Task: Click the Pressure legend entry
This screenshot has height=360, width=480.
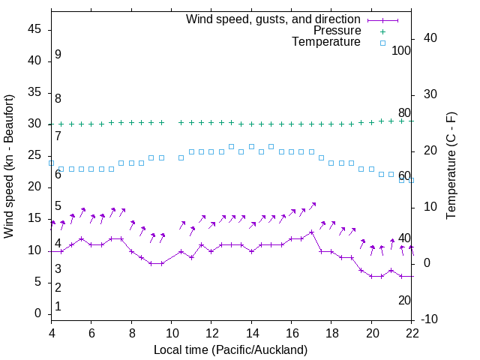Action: pos(337,31)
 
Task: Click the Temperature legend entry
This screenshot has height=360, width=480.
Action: pos(326,43)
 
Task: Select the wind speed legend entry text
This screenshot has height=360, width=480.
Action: pos(273,19)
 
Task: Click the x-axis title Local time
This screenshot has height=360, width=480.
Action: pos(230,349)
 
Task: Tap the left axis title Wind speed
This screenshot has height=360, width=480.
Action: pos(9,166)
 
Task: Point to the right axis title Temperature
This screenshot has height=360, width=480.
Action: pos(451,166)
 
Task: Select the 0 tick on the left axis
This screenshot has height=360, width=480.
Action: pos(37,314)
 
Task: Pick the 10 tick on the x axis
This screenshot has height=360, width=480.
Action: pos(171,332)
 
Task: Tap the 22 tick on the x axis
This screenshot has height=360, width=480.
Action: pos(412,332)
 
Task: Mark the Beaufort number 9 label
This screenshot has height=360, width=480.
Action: pos(58,55)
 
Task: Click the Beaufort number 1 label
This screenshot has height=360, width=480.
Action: pos(58,306)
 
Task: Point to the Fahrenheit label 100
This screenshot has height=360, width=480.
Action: pos(401,50)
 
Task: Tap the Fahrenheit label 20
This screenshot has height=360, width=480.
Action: pos(404,300)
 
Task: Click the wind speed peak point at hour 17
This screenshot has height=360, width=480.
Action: pos(311,232)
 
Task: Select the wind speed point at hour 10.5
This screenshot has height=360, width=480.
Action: pos(181,251)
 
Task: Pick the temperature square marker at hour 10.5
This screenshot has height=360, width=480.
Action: pos(181,157)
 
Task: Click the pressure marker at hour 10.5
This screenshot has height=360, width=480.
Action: pos(181,122)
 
